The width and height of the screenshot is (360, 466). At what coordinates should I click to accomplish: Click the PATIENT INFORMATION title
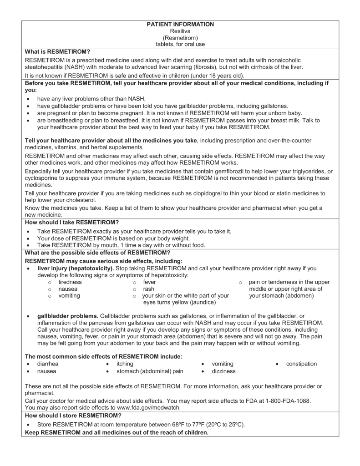[x=180, y=24]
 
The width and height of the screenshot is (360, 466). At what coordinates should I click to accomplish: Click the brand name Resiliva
[x=180, y=31]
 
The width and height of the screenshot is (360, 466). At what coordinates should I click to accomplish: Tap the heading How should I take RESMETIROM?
[x=71, y=222]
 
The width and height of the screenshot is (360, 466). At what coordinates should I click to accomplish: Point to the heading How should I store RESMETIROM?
[x=73, y=415]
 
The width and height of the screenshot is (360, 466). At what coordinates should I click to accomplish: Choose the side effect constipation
[x=301, y=364]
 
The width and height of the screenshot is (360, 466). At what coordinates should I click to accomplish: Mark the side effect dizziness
[x=224, y=371]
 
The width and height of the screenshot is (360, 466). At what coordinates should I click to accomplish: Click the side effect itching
[x=125, y=364]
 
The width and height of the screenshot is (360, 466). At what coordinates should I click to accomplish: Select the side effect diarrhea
[x=48, y=364]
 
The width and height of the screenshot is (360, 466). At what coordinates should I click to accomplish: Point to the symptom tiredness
[x=70, y=282]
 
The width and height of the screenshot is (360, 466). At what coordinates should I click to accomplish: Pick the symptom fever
[x=149, y=282]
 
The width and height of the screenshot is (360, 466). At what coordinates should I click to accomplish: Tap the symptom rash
[x=148, y=289]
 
